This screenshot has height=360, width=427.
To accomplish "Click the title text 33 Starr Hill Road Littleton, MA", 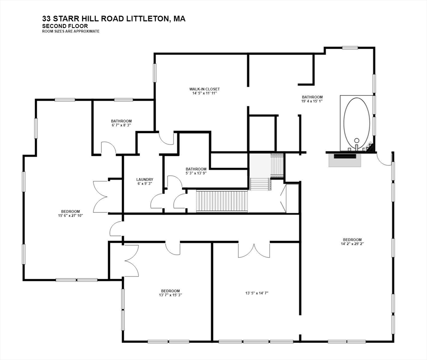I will [x=113, y=19].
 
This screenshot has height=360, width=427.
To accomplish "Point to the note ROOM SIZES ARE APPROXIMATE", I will [x=71, y=31].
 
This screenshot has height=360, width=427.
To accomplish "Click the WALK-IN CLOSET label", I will [x=204, y=89].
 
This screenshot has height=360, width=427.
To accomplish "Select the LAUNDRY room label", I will [x=145, y=180].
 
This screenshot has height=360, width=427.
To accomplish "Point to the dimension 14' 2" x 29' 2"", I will [x=351, y=244].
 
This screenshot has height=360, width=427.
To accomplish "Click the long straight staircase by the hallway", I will [x=221, y=201].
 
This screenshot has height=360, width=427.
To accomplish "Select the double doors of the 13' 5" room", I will [x=254, y=250].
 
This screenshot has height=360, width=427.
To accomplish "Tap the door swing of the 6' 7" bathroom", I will [x=108, y=148].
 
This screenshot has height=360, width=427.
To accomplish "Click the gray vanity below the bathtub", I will [x=344, y=160].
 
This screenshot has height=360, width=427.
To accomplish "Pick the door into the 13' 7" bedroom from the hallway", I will [x=173, y=247].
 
